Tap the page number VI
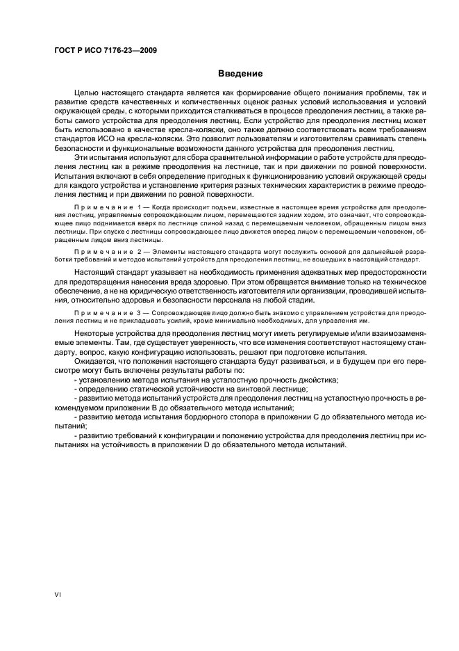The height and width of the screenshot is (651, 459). [58, 595]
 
